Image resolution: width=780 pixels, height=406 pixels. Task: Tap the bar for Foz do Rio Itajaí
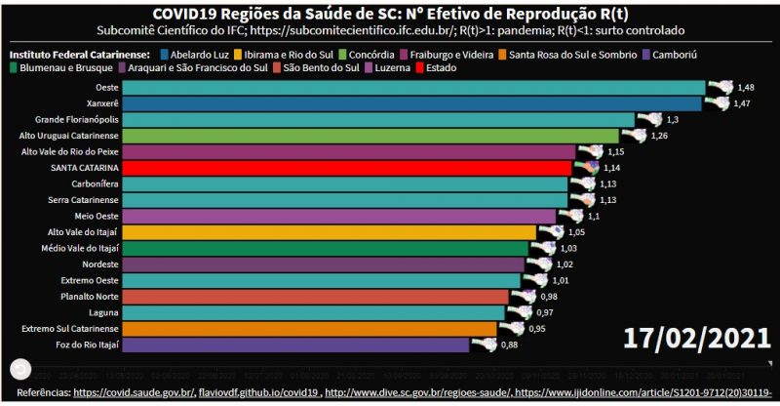point(283,345)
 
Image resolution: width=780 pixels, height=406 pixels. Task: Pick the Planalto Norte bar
point(301,296)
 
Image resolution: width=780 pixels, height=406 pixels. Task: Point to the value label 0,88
point(508,345)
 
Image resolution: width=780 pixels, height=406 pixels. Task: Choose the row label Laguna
point(76,312)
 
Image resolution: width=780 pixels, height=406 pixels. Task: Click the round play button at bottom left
point(19,369)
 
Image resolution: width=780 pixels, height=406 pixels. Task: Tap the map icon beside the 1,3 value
point(646,118)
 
